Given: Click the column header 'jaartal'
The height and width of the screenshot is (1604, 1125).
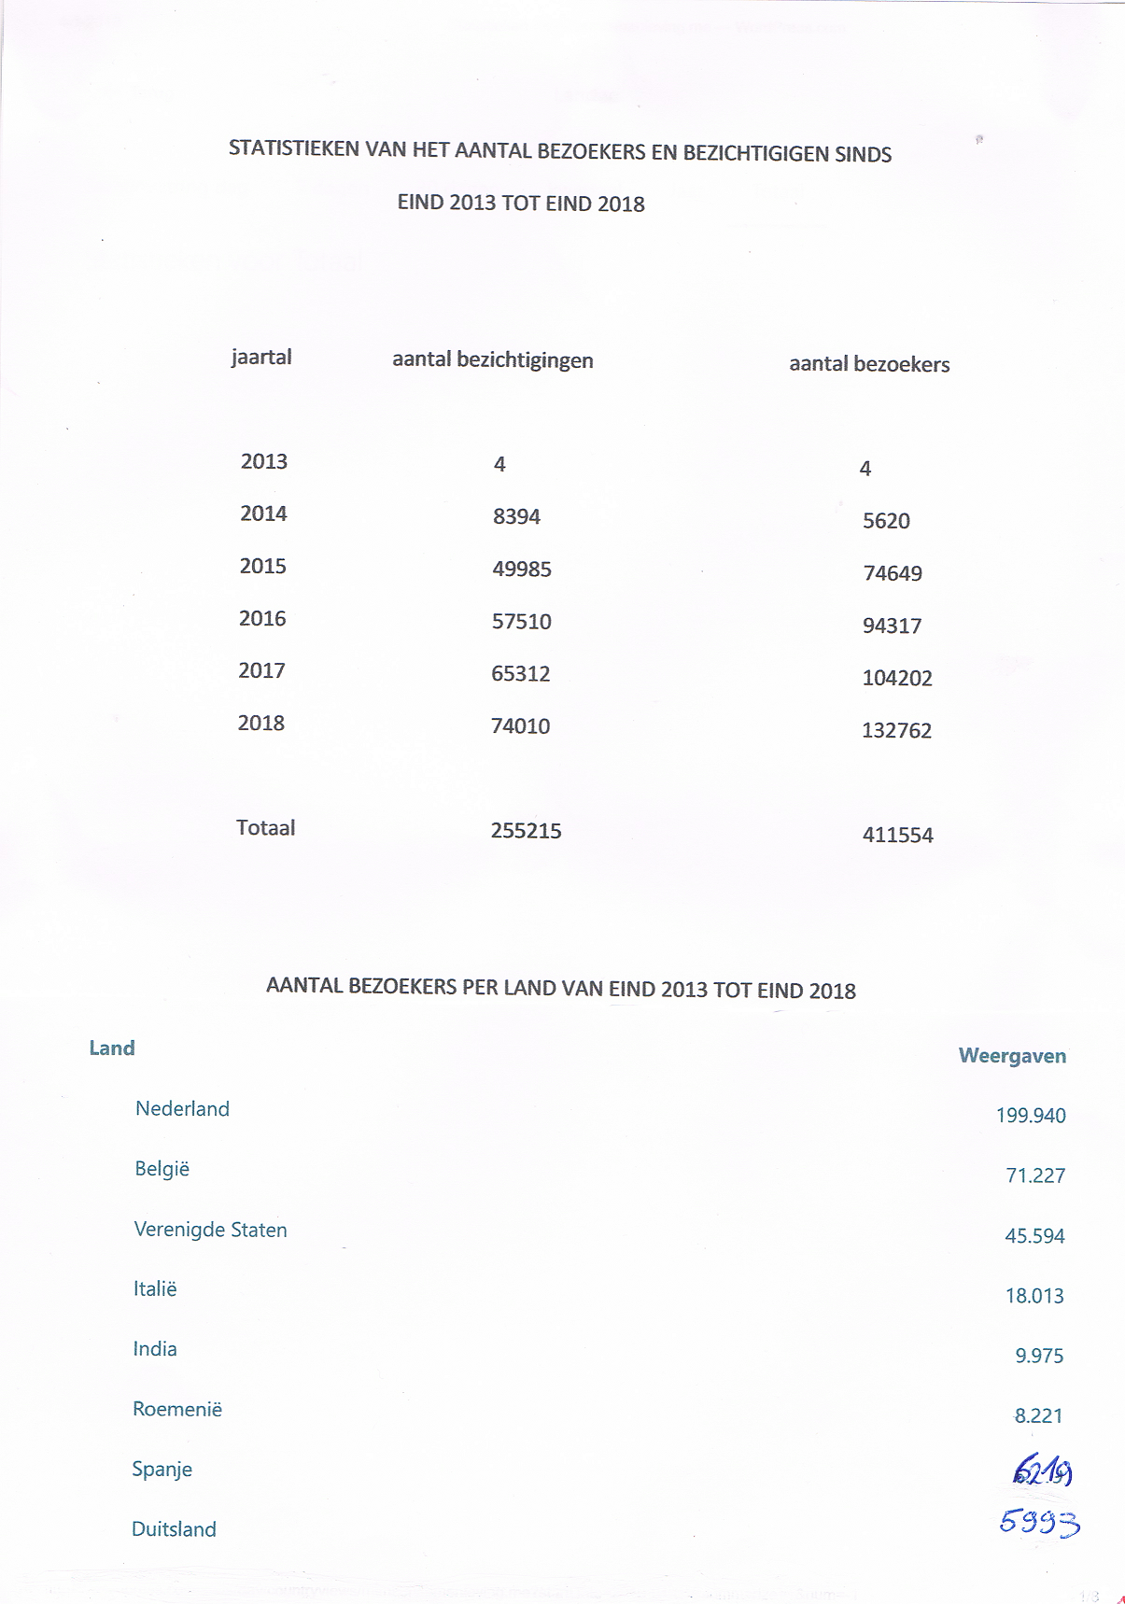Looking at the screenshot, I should pyautogui.click(x=261, y=358).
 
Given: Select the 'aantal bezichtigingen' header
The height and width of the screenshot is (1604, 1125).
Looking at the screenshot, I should pyautogui.click(x=492, y=360).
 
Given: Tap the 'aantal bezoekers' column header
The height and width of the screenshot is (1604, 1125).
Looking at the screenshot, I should pyautogui.click(x=869, y=364).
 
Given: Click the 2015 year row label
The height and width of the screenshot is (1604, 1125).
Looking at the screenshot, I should pyautogui.click(x=262, y=566).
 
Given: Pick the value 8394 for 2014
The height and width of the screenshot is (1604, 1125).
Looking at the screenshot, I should pyautogui.click(x=516, y=516).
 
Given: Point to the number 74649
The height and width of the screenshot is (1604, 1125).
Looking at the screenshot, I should pyautogui.click(x=893, y=573).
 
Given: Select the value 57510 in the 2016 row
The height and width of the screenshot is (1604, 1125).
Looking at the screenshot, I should pyautogui.click(x=521, y=622).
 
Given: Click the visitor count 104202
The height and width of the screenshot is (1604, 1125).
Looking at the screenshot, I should pyautogui.click(x=896, y=678).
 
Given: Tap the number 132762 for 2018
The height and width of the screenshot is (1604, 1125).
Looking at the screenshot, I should pyautogui.click(x=896, y=730).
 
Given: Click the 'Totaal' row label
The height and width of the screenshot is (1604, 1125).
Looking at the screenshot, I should pyautogui.click(x=265, y=828).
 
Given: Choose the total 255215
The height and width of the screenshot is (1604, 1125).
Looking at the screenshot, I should pyautogui.click(x=526, y=831).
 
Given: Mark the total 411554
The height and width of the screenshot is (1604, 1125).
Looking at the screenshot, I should pyautogui.click(x=897, y=835).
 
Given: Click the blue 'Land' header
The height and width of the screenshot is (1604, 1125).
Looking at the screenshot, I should pyautogui.click(x=112, y=1048).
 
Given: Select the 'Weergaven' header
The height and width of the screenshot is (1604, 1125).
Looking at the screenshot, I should pyautogui.click(x=1012, y=1056).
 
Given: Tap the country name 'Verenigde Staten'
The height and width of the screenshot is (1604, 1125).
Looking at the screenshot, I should pyautogui.click(x=210, y=1230).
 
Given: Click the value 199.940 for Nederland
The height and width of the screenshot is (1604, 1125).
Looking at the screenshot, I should pyautogui.click(x=1030, y=1116).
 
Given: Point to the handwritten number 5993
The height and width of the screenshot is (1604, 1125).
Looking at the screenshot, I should pyautogui.click(x=1039, y=1522).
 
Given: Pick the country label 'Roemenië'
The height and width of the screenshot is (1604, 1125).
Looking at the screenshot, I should pyautogui.click(x=177, y=1409).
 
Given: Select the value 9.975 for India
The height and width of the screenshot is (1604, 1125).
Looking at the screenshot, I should pyautogui.click(x=1039, y=1356).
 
